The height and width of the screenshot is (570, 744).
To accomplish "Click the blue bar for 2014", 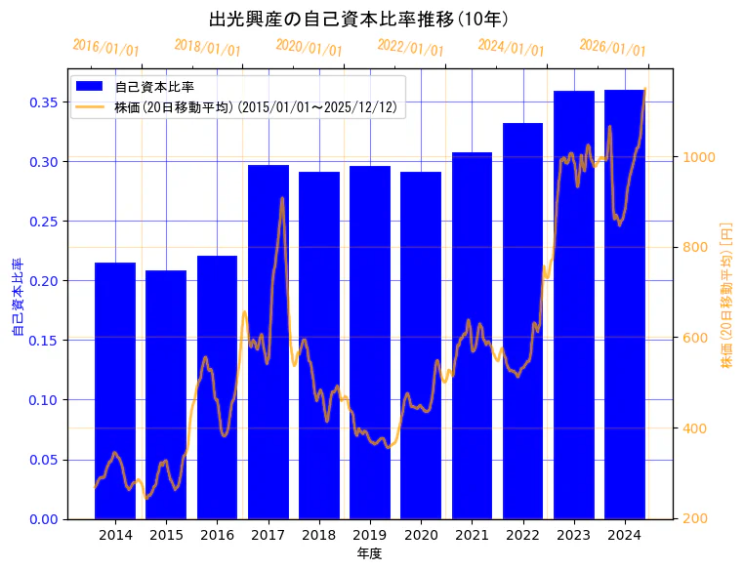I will [x=115, y=390].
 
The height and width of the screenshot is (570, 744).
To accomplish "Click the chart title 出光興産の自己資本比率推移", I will [x=358, y=19].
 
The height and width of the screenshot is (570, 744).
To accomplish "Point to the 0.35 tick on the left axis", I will [x=45, y=102].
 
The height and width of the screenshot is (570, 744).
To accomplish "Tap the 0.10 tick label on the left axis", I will [x=45, y=400].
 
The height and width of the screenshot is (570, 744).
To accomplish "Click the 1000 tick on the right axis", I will [x=699, y=157].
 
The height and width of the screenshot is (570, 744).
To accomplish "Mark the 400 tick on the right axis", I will [x=695, y=428].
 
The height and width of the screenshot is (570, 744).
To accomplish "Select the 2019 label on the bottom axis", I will [x=369, y=535].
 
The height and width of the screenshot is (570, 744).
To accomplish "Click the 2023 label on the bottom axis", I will [x=573, y=535].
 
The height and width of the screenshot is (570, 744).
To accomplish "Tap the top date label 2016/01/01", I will [x=105, y=48].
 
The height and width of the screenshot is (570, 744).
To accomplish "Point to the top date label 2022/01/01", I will [x=410, y=48].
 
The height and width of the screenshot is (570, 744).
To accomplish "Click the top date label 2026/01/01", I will [x=612, y=48].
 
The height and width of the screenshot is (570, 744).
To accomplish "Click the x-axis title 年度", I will [x=369, y=553].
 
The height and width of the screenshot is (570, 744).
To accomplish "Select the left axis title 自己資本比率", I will [x=18, y=298].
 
